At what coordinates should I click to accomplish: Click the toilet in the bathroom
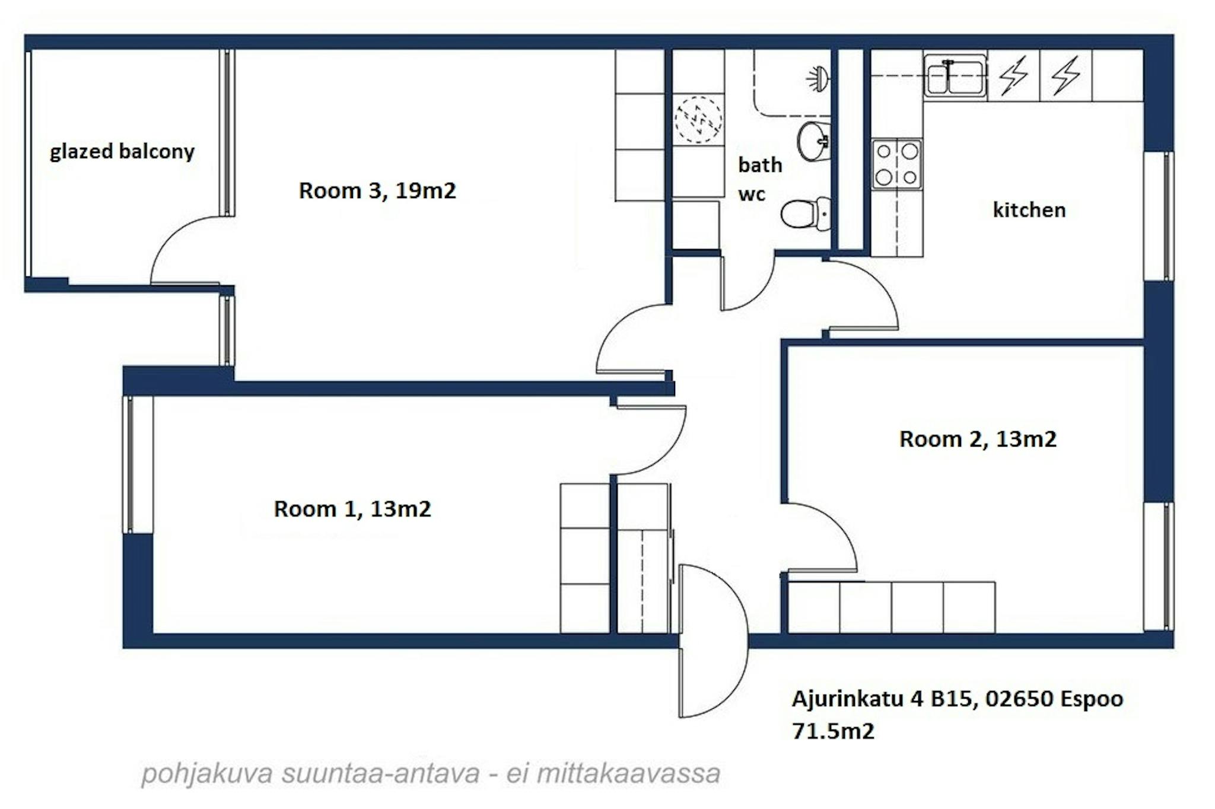(805, 214)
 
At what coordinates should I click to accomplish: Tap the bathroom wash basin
(813, 141)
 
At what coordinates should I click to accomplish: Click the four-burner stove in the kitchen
(896, 164)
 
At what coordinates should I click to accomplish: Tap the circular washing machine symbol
(698, 119)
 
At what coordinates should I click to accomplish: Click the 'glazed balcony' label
(122, 152)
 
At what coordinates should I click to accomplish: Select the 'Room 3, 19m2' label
(377, 190)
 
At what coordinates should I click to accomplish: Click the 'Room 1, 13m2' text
(352, 509)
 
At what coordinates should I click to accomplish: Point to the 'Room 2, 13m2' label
(978, 439)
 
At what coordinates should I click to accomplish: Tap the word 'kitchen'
(1029, 209)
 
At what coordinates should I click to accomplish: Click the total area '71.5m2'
(833, 731)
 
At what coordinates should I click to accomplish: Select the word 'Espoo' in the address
(1092, 699)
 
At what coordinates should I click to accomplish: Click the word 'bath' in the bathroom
(760, 164)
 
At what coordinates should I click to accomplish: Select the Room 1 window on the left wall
(129, 464)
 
